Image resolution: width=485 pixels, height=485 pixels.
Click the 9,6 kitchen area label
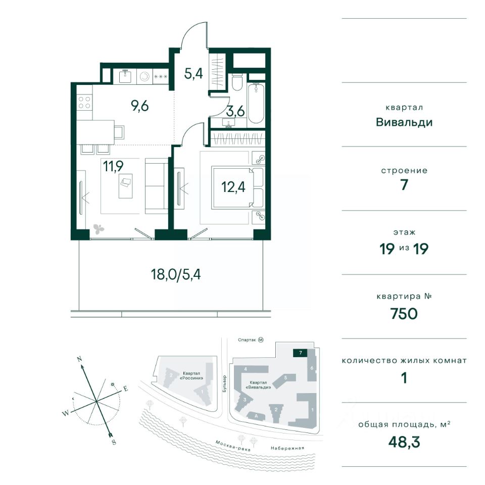coord(140,106)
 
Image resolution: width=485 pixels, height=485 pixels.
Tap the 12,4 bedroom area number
coord(233,187)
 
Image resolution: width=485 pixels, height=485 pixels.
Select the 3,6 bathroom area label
coord(235,111)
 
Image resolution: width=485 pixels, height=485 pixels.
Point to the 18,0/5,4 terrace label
coord(176,274)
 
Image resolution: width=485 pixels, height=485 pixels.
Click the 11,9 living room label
coord(113,166)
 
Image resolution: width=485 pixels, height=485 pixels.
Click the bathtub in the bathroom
coord(256,103)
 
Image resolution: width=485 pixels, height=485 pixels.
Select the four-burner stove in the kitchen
coord(84,103)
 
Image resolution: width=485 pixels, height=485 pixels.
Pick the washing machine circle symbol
coord(144,76)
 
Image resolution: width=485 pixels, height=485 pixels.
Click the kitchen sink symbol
coord(126,76)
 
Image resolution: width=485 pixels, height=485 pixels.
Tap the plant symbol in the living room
coord(99,229)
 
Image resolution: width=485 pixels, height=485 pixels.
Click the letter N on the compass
coord(79,359)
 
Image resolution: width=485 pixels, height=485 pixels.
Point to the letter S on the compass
coord(114,442)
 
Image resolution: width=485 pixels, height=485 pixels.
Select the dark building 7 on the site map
coord(300,353)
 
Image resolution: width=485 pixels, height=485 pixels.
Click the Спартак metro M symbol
coord(261,340)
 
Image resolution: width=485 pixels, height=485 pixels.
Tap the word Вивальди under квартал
coord(404,122)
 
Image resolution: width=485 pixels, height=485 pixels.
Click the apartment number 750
coord(404,314)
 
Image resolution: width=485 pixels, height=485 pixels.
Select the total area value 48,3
coord(404,443)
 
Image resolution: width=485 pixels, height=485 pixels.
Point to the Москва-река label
coord(232,446)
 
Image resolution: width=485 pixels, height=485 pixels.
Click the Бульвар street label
coord(224,384)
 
